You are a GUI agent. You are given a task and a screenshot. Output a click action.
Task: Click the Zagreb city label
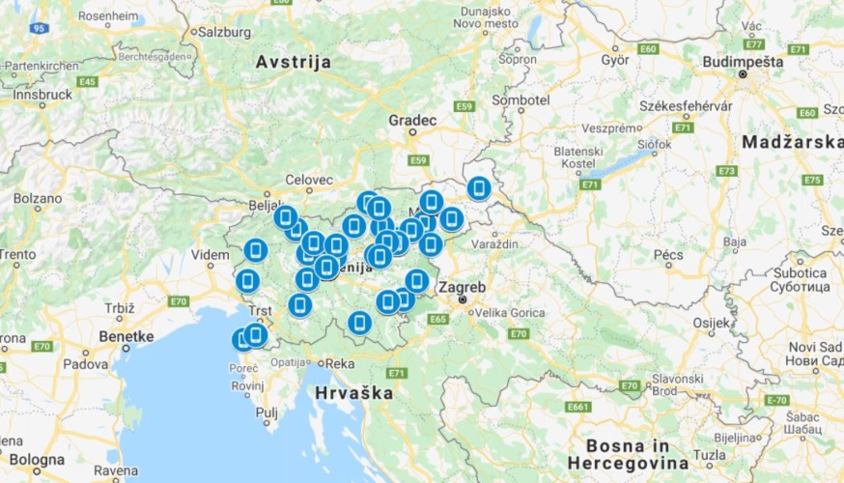pos(462,288)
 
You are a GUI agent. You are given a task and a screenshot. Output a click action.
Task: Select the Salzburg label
pos(224,31)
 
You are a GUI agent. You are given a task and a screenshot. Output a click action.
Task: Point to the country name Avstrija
pos(293,62)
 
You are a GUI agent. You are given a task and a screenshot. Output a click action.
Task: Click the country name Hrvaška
pos(353,393)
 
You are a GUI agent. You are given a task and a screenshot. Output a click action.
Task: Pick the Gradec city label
pos(412,121)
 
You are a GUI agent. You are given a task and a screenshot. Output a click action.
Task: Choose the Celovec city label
pos(308,180)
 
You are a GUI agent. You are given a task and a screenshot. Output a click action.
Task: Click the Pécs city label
pos(668,255)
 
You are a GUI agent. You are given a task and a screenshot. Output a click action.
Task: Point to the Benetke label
pos(127,336)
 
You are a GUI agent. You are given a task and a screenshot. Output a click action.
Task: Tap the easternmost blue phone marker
pos(478,188)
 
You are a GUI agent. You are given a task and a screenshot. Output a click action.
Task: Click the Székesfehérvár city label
pos(686,105)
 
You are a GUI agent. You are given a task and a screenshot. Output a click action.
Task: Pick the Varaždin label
pos(495,245)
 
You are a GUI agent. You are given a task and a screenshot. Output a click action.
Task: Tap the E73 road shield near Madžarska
pos(727,170)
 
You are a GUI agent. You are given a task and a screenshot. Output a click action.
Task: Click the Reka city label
pos(341,363)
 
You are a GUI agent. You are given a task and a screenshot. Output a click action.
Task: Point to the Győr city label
pos(614,58)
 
